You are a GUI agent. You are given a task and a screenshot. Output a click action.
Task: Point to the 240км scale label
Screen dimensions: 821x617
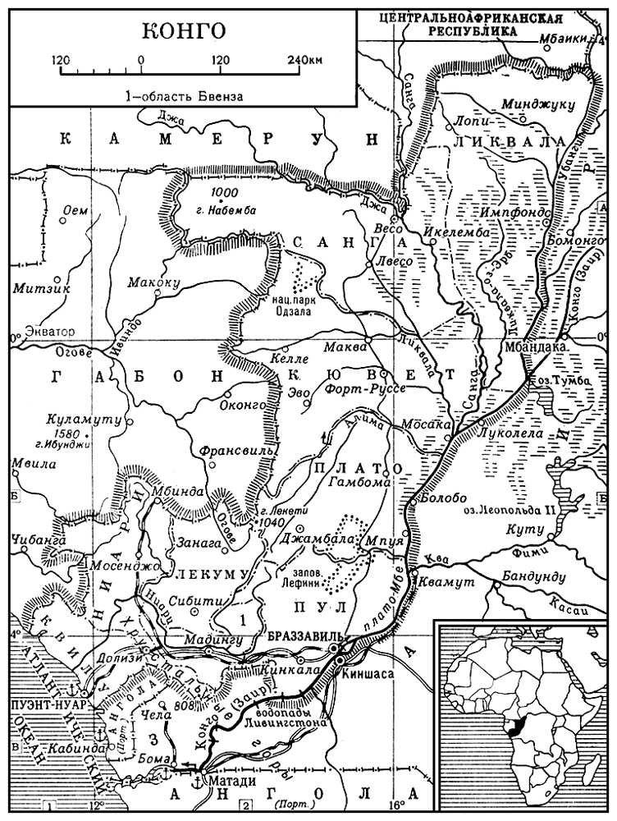[303, 60]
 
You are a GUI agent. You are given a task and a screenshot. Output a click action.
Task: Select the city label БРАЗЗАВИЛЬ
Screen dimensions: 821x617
[303, 636]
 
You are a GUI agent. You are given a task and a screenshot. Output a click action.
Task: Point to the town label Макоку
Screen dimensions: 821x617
[153, 282]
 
